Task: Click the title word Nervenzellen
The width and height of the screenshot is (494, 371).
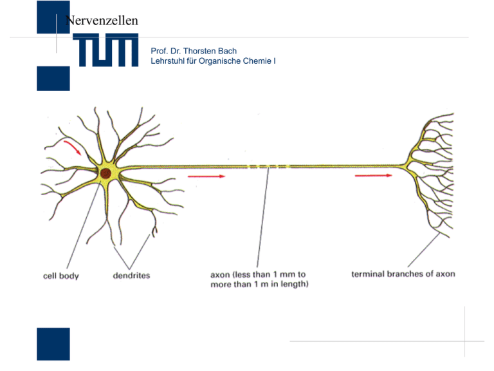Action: pos(101,21)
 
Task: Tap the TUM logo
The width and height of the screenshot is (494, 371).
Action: pos(105,51)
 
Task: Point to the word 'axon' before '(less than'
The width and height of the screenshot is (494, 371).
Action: pos(222,274)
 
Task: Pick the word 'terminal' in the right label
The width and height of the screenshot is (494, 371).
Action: pos(368,274)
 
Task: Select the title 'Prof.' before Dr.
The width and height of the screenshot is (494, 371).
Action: pos(158,51)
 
